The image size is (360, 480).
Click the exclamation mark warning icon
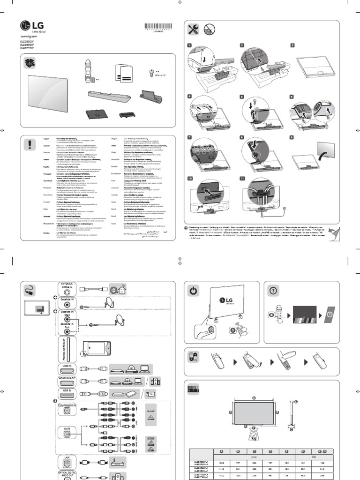click(31, 143)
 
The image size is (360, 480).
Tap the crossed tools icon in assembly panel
click(193, 30)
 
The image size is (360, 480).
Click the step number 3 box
click(292, 45)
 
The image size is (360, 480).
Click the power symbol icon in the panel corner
click(193, 291)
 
